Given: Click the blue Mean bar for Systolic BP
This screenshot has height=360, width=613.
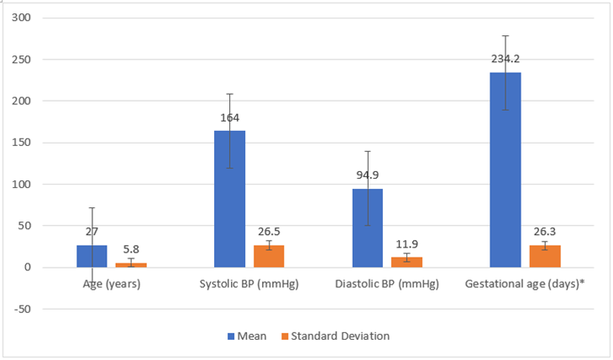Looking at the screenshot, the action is click(229, 199).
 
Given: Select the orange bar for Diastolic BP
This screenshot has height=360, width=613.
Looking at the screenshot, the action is click(406, 263).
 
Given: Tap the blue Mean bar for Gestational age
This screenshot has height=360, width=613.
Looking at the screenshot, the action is click(506, 170).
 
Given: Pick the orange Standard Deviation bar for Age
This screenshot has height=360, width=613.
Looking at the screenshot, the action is click(131, 265).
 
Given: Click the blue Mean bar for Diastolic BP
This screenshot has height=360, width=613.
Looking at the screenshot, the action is click(368, 228).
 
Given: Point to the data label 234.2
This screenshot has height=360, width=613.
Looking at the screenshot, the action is click(506, 59).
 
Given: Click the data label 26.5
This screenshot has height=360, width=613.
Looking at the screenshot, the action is click(269, 232).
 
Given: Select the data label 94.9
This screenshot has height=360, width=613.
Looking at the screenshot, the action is click(368, 175).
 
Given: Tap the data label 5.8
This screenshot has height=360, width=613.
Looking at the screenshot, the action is click(131, 249).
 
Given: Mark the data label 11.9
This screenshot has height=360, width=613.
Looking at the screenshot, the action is click(407, 244).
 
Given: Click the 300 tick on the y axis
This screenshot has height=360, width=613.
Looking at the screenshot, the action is click(21, 17).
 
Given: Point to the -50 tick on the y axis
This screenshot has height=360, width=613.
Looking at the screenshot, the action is click(23, 309).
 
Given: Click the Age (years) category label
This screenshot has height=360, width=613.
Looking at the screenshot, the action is click(112, 284).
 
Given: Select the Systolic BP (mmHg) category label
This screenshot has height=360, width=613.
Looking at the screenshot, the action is click(249, 284).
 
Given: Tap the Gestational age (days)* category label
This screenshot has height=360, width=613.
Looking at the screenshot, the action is click(525, 284).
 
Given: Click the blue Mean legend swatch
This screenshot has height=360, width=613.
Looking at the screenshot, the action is click(231, 337).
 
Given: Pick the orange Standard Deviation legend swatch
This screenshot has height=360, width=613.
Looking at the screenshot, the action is click(285, 337).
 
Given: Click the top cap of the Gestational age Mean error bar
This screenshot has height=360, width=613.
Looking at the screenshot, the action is click(506, 35).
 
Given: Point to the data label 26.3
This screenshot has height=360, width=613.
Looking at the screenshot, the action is click(545, 232).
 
